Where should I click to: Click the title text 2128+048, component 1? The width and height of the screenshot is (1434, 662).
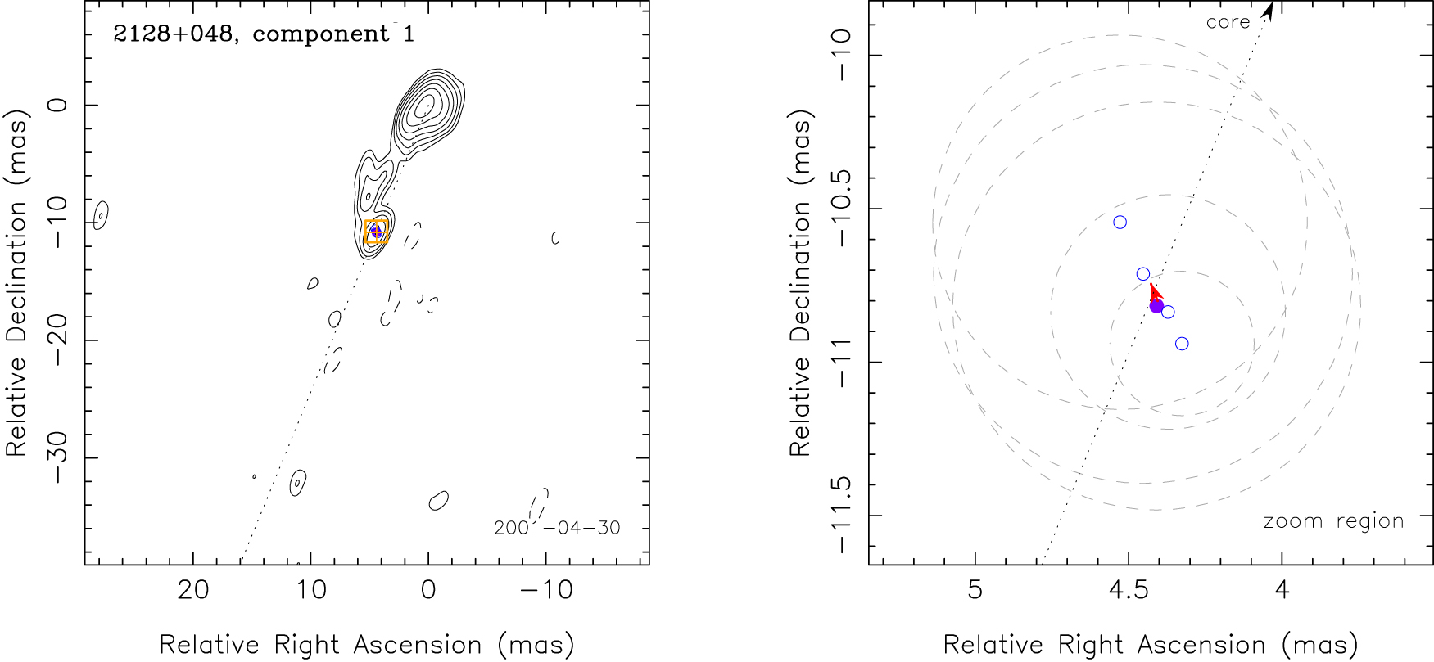[264, 34]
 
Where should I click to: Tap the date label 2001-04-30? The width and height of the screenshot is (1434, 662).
[557, 527]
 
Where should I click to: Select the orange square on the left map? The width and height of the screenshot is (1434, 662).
[376, 232]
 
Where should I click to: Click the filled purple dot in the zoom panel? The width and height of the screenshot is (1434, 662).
[1156, 306]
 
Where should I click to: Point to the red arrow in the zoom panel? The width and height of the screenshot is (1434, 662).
[1154, 291]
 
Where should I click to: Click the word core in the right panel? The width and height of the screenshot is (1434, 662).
[1228, 22]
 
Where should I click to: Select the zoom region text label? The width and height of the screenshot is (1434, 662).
[1333, 521]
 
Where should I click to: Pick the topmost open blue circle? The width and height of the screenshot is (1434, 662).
[1120, 223]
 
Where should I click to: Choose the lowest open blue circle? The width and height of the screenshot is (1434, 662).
[1182, 344]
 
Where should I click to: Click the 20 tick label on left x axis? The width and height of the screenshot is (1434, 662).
[193, 590]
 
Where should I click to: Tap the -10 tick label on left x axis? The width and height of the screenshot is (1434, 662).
[546, 590]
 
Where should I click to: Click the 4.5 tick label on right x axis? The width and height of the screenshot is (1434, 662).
[1128, 590]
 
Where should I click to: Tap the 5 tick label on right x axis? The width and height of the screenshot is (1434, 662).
[975, 590]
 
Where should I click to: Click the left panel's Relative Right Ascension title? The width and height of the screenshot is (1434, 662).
[366, 645]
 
